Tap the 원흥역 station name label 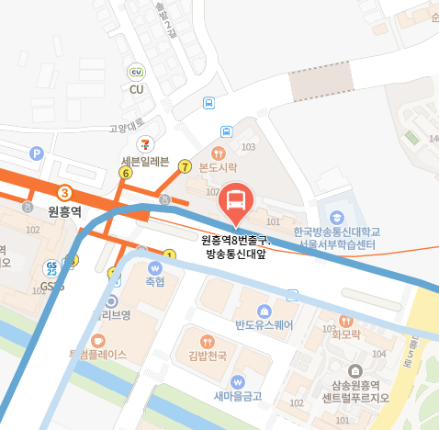point(64,211)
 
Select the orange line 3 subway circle point(64,193)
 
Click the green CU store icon point(138,72)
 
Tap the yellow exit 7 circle point(186,166)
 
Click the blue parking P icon point(38,153)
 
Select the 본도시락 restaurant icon point(219,153)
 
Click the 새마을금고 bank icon point(238,381)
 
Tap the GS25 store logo point(51,268)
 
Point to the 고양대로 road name point(129,130)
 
